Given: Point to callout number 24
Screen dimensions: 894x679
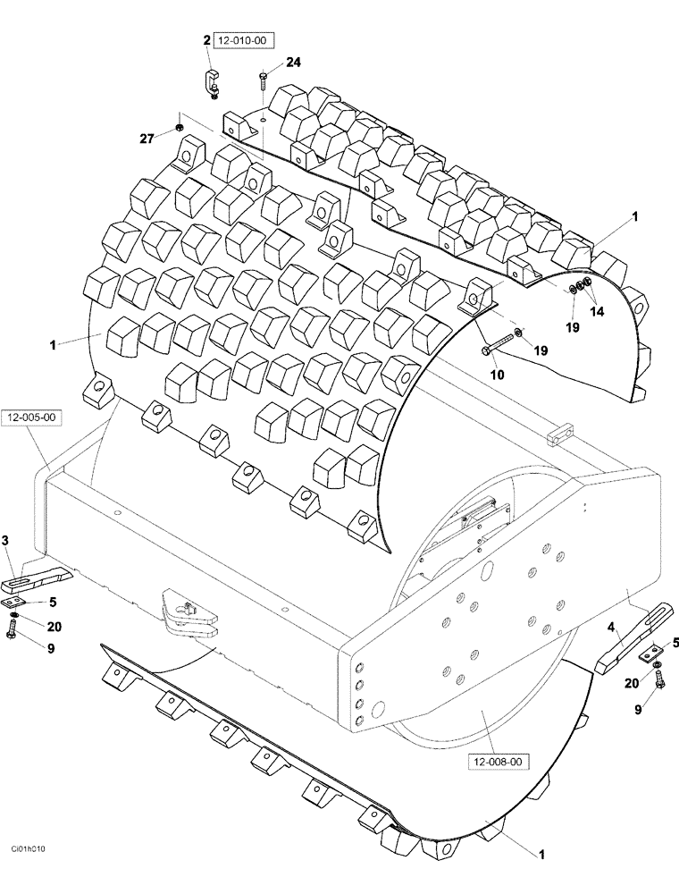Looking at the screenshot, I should [294, 62].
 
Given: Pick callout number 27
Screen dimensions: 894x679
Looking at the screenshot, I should [147, 139].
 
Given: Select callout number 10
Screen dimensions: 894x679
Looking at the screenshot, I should [498, 375].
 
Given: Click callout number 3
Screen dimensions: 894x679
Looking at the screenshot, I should [6, 540].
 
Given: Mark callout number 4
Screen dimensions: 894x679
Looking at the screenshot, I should [611, 628].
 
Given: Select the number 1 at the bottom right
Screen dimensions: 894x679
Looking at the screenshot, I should [541, 855].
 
